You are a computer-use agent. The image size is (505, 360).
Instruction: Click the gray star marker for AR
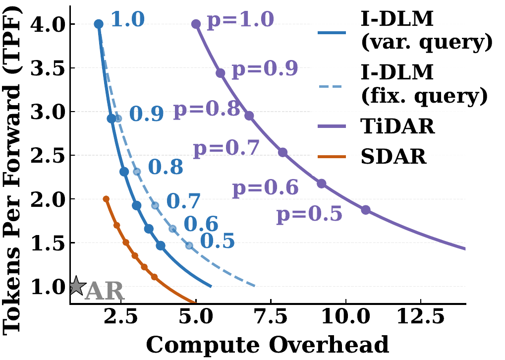[76, 286]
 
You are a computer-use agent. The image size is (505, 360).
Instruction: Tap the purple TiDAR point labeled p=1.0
[196, 24]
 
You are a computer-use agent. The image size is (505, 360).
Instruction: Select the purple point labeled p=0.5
[366, 210]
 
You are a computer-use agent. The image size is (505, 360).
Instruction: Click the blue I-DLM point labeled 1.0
[99, 24]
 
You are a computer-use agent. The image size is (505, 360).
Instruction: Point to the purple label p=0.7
[226, 148]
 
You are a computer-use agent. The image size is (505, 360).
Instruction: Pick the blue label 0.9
[147, 115]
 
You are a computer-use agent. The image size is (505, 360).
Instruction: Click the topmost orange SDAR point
[106, 199]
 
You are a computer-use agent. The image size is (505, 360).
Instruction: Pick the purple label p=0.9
[265, 69]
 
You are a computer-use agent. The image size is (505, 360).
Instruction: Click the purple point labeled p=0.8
[249, 116]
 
